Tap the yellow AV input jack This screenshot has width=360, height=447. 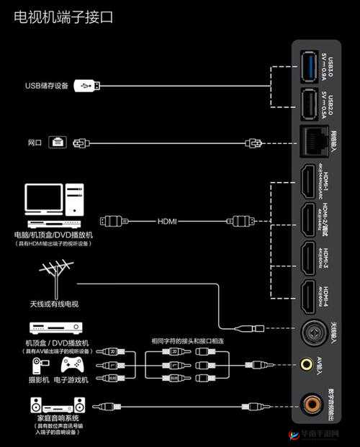coord(308,365)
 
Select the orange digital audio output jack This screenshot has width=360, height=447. coord(311,404)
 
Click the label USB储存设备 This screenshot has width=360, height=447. coord(46,86)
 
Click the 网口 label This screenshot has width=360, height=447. coord(35,143)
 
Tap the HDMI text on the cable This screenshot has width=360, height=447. coord(166,221)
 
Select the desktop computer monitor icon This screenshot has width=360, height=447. coord(44,198)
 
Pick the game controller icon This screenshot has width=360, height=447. coord(72,365)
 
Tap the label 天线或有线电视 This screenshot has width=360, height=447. coord(53,304)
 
